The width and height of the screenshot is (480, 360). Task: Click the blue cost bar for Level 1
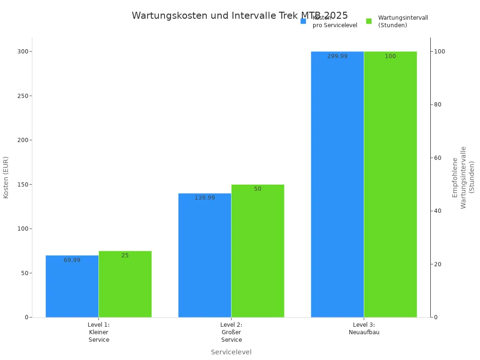pos(72,286)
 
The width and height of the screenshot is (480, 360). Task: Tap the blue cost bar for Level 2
pos(204,255)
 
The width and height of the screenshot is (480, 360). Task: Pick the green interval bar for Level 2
pos(257,251)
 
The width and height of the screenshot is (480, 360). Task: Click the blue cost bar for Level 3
pos(337,184)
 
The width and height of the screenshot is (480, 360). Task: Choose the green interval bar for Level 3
pos(390,184)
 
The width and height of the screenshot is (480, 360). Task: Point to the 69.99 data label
pos(72,260)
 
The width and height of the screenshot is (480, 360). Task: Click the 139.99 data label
pos(205,198)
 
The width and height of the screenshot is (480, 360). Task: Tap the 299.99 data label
pos(337,56)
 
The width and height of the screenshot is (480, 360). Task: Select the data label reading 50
pos(258,189)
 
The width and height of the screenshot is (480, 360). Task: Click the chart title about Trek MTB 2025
pos(240,16)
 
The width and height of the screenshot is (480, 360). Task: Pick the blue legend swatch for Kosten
pos(303,21)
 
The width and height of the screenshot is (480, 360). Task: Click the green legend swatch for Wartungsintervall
pos(369,21)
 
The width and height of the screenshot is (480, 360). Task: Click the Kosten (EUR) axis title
pos(6,177)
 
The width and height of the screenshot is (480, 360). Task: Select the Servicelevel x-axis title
pos(231,352)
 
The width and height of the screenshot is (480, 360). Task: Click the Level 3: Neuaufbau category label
pos(364,329)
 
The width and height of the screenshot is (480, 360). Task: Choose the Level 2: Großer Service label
pos(232,332)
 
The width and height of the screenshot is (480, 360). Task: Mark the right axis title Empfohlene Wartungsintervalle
pos(463,177)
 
